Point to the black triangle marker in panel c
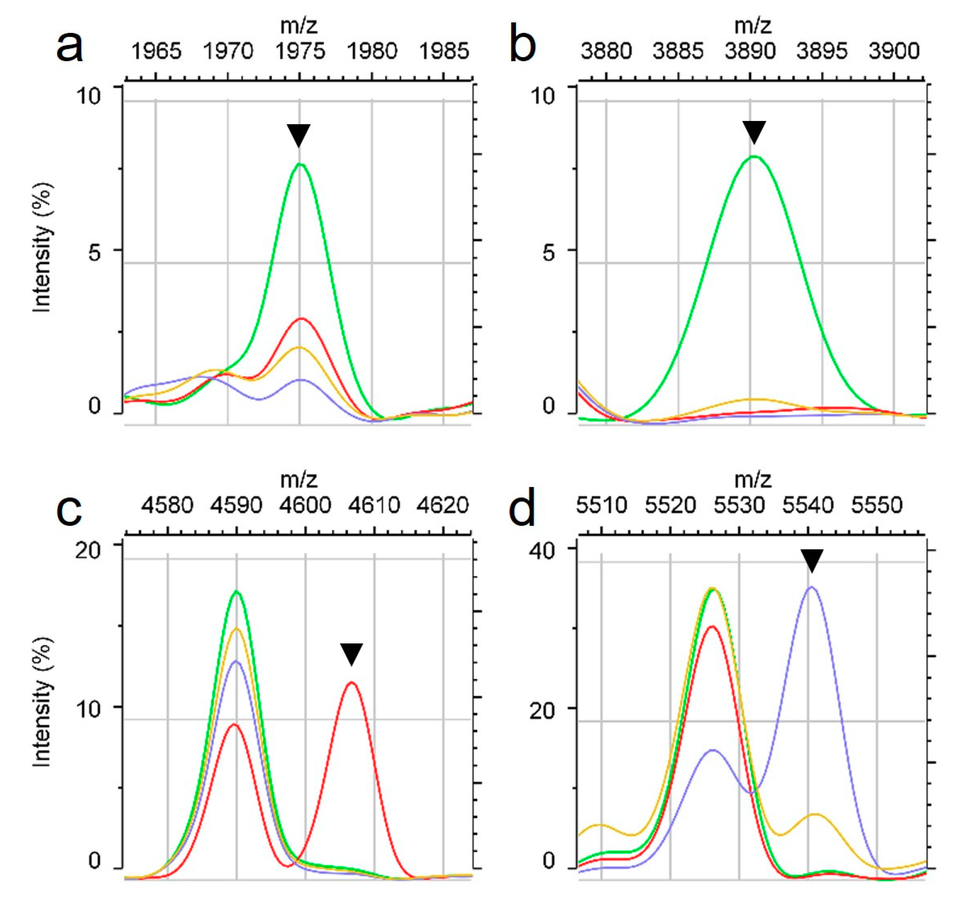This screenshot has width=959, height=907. [x=351, y=654]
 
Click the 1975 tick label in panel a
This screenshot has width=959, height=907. [x=300, y=51]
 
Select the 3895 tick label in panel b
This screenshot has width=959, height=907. [x=822, y=51]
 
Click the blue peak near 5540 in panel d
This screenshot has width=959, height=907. [x=812, y=588]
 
